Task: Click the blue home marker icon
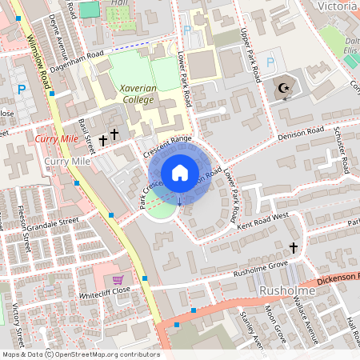click(x=179, y=173)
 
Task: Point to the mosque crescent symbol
click(x=284, y=88)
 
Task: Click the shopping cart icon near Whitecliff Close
click(x=118, y=280)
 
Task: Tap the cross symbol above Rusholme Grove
click(x=293, y=248)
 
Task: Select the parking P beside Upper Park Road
click(x=270, y=61)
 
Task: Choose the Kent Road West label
click(x=262, y=222)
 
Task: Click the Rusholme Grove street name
click(x=260, y=266)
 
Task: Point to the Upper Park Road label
click(x=250, y=55)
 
